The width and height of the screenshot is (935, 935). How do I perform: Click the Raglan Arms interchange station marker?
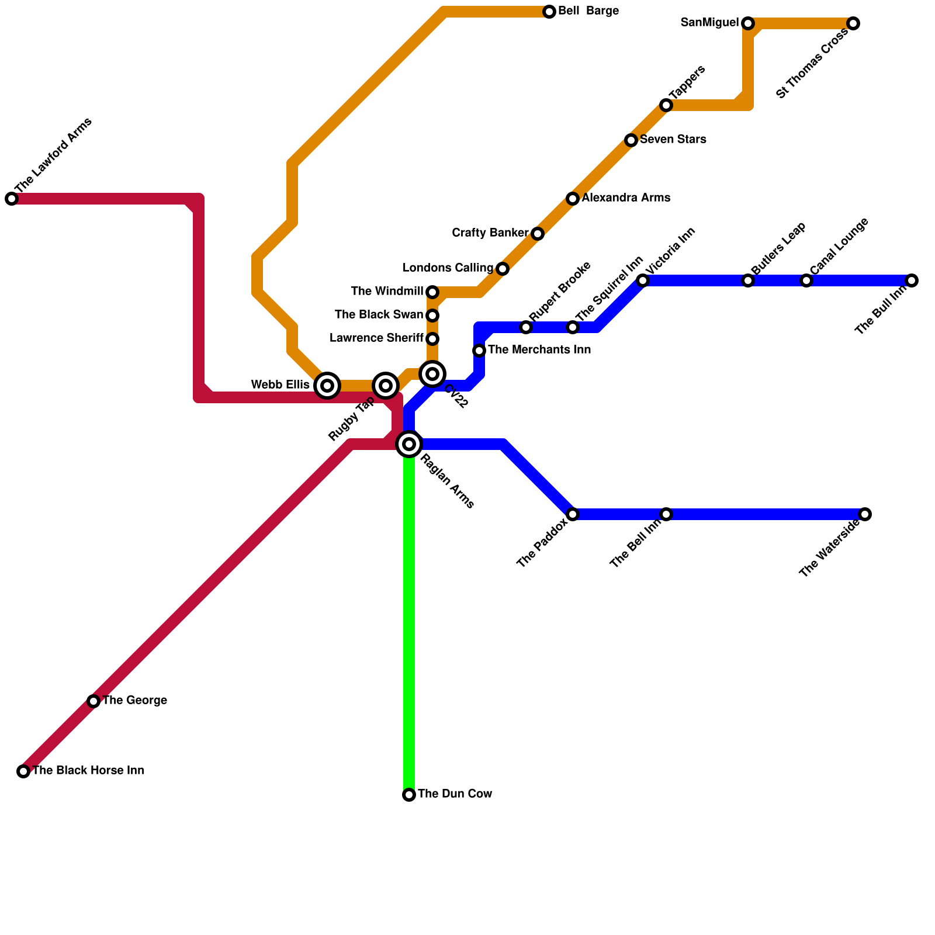pyautogui.click(x=409, y=444)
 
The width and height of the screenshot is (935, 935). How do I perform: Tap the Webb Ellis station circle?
pyautogui.click(x=327, y=386)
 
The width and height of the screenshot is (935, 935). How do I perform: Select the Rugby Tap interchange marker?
pyautogui.click(x=386, y=386)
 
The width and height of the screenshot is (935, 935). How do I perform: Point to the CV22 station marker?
pyautogui.click(x=432, y=374)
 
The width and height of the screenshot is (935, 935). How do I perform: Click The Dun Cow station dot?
pyautogui.click(x=409, y=795)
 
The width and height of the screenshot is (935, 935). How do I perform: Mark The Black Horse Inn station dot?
pyautogui.click(x=23, y=771)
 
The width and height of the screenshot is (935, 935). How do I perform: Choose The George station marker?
pyautogui.click(x=93, y=701)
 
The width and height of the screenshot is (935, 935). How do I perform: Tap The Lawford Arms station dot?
pyautogui.click(x=12, y=199)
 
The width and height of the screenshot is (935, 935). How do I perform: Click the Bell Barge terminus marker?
pyautogui.click(x=549, y=12)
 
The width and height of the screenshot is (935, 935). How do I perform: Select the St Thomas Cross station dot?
pyautogui.click(x=853, y=23)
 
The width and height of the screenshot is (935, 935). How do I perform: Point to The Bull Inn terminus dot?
pyautogui.click(x=912, y=280)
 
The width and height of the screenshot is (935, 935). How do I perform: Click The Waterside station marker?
pyautogui.click(x=865, y=514)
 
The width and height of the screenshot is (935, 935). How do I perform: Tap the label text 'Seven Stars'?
pyautogui.click(x=673, y=140)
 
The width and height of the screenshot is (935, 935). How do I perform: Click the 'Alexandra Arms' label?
pyautogui.click(x=625, y=198)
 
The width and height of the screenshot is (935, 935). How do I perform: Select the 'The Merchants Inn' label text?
pyautogui.click(x=539, y=350)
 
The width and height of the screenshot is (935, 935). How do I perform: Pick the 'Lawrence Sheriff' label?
pyautogui.click(x=376, y=338)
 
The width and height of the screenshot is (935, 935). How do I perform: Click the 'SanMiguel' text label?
pyautogui.click(x=709, y=23)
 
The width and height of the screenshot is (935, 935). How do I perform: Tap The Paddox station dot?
pyautogui.click(x=573, y=514)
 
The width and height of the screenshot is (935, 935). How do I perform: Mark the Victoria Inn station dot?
pyautogui.click(x=643, y=280)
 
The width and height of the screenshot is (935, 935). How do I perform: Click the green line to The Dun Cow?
pyautogui.click(x=409, y=619)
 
